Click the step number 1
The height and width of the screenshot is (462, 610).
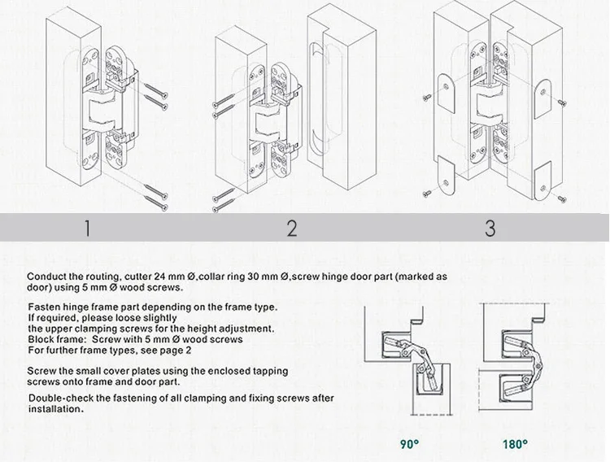pos(87,228)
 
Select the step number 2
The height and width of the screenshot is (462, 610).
pos(292,228)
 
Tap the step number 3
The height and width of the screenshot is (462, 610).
pos(490,228)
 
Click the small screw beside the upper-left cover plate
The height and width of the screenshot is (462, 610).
pos(427,98)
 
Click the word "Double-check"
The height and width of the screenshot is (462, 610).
pos(60,399)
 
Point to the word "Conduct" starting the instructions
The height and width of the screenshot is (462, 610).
pos(46,277)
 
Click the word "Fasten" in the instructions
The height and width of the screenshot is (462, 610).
pos(43,307)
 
